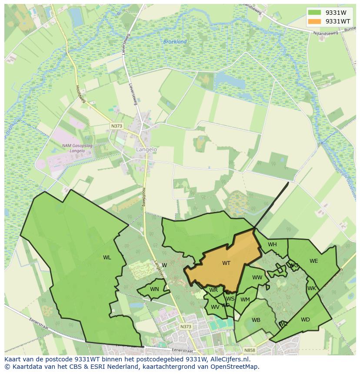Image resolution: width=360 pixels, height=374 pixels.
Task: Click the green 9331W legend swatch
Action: (x=314, y=13)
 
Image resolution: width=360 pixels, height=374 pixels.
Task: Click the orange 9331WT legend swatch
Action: (x=314, y=21)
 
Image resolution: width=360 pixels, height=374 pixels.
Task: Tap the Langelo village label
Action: (x=146, y=149)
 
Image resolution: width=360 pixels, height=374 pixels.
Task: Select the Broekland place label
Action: (x=175, y=42)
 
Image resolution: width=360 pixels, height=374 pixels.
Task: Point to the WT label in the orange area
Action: (x=226, y=263)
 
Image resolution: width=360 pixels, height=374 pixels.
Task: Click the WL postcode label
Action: (x=107, y=258)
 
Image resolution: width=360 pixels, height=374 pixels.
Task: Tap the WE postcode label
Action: (x=313, y=261)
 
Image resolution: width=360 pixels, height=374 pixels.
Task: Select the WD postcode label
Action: (x=305, y=320)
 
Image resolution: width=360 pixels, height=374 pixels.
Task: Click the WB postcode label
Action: (x=256, y=320)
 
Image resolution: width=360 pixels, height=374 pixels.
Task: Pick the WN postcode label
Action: (x=154, y=289)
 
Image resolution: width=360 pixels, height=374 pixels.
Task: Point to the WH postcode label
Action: (x=272, y=245)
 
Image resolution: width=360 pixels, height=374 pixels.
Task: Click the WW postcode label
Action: (x=257, y=278)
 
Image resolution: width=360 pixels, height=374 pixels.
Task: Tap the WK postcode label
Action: (x=311, y=288)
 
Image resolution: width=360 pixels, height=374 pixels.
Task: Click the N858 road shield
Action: (x=250, y=350)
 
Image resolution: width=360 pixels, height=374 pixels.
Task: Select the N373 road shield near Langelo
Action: (x=117, y=126)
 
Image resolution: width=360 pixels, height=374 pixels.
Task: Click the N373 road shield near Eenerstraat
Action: (x=185, y=326)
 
